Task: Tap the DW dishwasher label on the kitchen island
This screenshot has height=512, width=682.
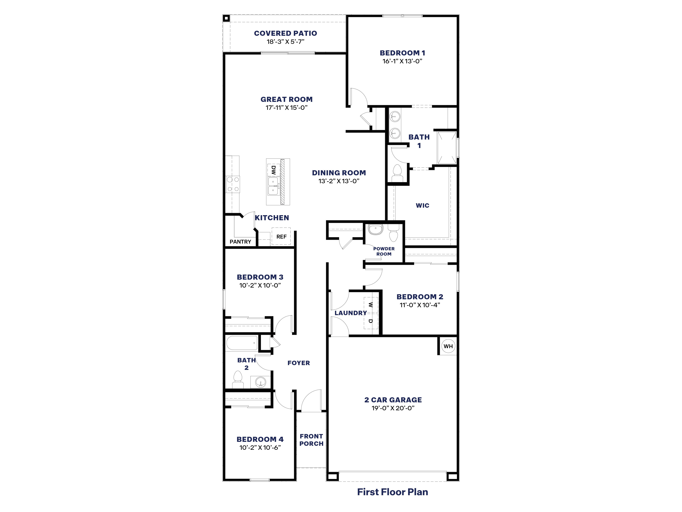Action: (273, 170)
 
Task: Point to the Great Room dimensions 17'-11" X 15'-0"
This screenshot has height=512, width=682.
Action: (286, 108)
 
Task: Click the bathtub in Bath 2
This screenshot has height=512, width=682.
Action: (242, 343)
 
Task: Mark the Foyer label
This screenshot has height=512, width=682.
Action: (298, 363)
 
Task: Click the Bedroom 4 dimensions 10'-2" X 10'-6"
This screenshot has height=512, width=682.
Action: (260, 448)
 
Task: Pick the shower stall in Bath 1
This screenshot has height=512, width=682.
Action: (446, 147)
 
